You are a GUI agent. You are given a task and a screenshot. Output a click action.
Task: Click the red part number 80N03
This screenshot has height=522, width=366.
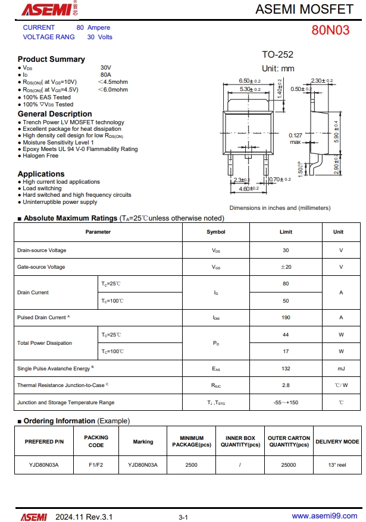330,30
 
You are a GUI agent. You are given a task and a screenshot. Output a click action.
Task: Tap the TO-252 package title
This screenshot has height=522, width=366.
277,55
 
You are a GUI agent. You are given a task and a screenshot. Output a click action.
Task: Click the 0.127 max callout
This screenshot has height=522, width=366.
296,139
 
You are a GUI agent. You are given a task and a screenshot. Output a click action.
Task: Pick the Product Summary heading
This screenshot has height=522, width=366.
51,59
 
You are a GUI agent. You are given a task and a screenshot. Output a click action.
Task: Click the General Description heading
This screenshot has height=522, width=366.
55,114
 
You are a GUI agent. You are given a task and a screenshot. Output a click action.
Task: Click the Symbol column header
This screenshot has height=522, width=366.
215,232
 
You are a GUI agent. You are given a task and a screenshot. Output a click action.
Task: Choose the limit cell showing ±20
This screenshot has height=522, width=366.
286,267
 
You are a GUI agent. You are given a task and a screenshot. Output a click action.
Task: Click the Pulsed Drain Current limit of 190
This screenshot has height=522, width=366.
286,317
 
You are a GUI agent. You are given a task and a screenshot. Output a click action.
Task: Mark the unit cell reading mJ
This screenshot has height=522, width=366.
341,369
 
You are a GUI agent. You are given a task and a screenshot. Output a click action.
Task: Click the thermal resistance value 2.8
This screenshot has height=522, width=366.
286,385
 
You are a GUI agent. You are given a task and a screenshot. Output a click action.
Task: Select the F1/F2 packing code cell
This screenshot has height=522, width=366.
96,465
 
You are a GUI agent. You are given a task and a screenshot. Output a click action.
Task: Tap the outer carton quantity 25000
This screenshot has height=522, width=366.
289,465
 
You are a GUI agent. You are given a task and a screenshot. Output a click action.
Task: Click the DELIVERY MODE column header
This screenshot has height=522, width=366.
337,442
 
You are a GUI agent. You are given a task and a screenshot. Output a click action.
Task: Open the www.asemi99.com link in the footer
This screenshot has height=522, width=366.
324,516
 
